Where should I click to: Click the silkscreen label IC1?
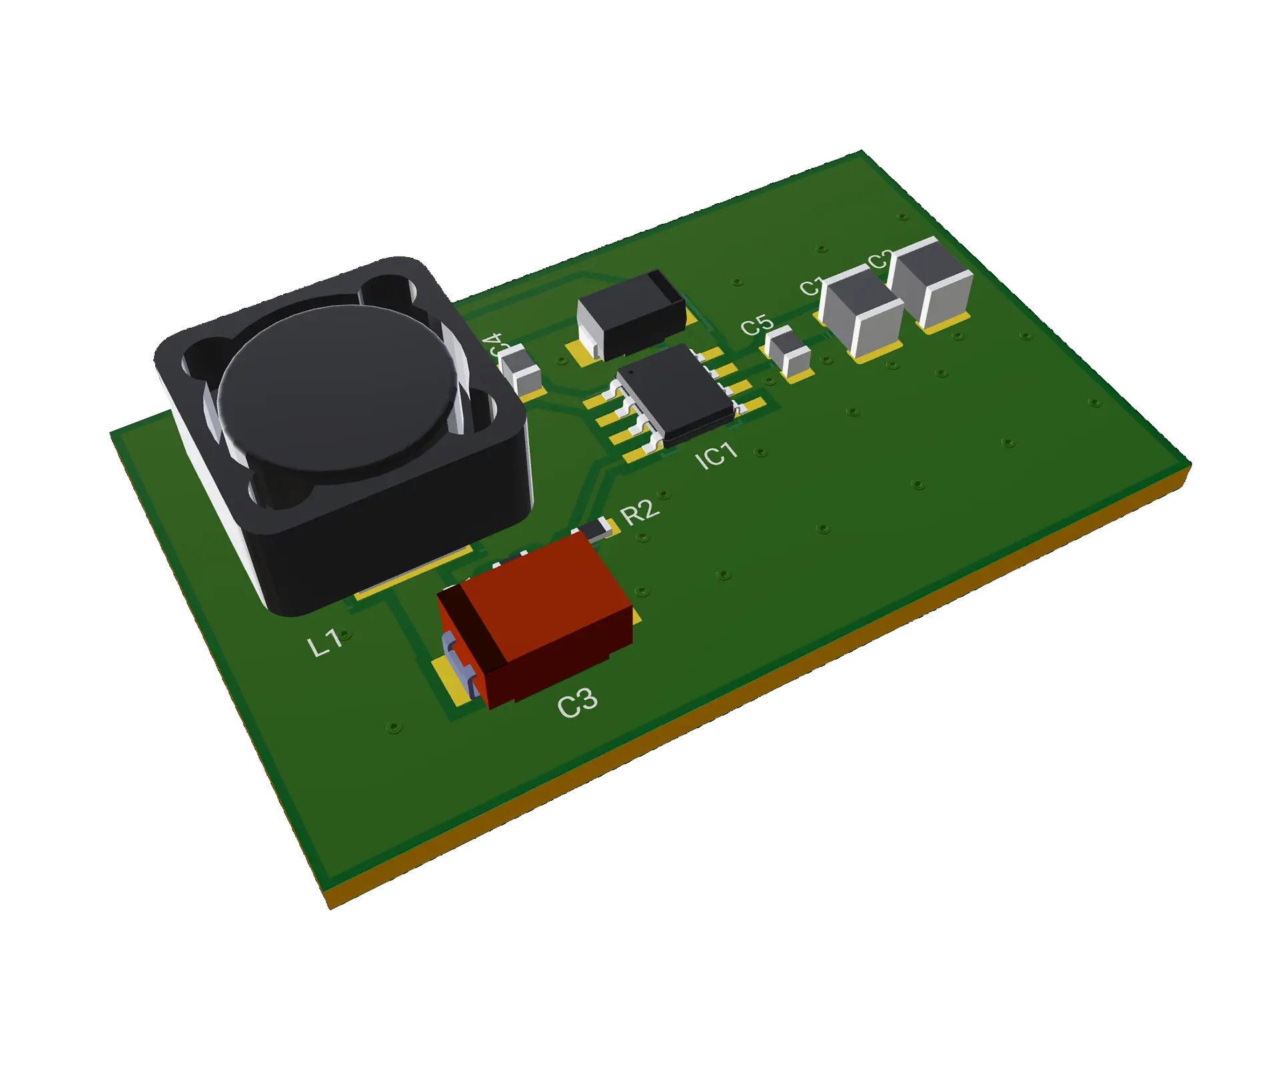tap(716, 456)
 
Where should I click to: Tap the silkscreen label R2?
tap(639, 512)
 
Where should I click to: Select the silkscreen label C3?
tap(577, 704)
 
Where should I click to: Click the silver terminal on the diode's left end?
tap(589, 336)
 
